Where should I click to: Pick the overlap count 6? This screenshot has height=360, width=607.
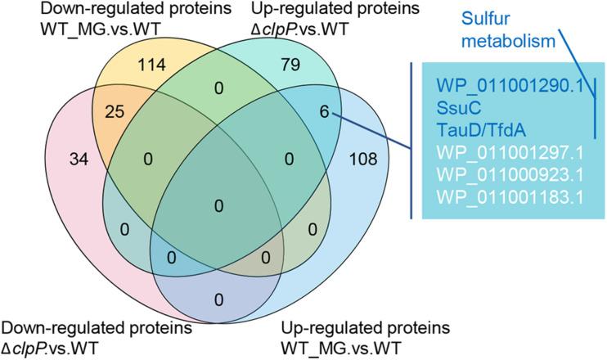tap(325, 114)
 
